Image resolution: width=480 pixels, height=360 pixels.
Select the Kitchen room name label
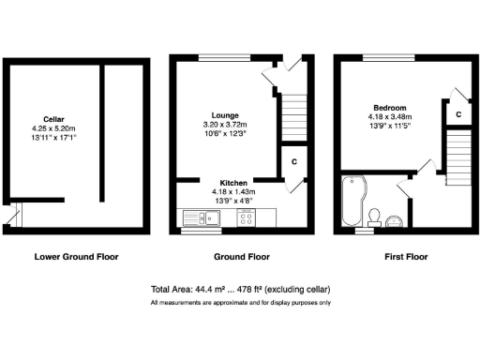click(232, 183)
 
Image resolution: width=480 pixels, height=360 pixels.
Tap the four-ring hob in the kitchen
click(248, 218)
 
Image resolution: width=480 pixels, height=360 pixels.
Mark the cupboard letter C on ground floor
click(294, 161)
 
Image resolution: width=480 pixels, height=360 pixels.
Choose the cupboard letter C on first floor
click(457, 113)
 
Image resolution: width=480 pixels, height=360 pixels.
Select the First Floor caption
click(406, 256)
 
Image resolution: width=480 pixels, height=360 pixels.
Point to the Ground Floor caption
click(242, 256)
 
